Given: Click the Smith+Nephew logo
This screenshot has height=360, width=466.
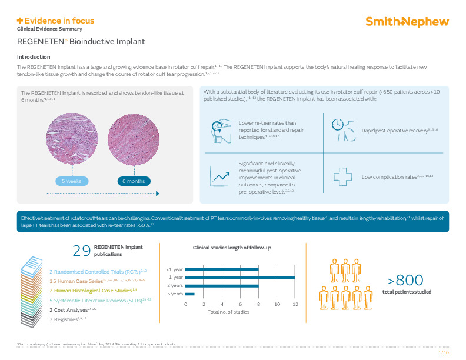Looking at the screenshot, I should coord(407,22).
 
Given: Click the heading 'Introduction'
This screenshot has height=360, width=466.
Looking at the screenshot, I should coord(34,57).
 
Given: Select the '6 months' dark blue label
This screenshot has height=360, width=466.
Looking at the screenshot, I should coord(134,181).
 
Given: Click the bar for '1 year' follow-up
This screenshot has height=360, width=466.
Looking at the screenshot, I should coord(240,278).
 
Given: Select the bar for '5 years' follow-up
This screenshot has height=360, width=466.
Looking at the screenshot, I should coord(190,294).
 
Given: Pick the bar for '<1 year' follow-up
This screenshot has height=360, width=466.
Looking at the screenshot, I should coord(222,270).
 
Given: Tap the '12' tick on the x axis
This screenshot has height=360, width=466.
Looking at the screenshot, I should coord(295,304).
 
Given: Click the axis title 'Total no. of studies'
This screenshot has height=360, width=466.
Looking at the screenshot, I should coord(228,312).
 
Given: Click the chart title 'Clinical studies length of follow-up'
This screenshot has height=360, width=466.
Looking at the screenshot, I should coord(232,249).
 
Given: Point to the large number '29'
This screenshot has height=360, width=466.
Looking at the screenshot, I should coord(81,251).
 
